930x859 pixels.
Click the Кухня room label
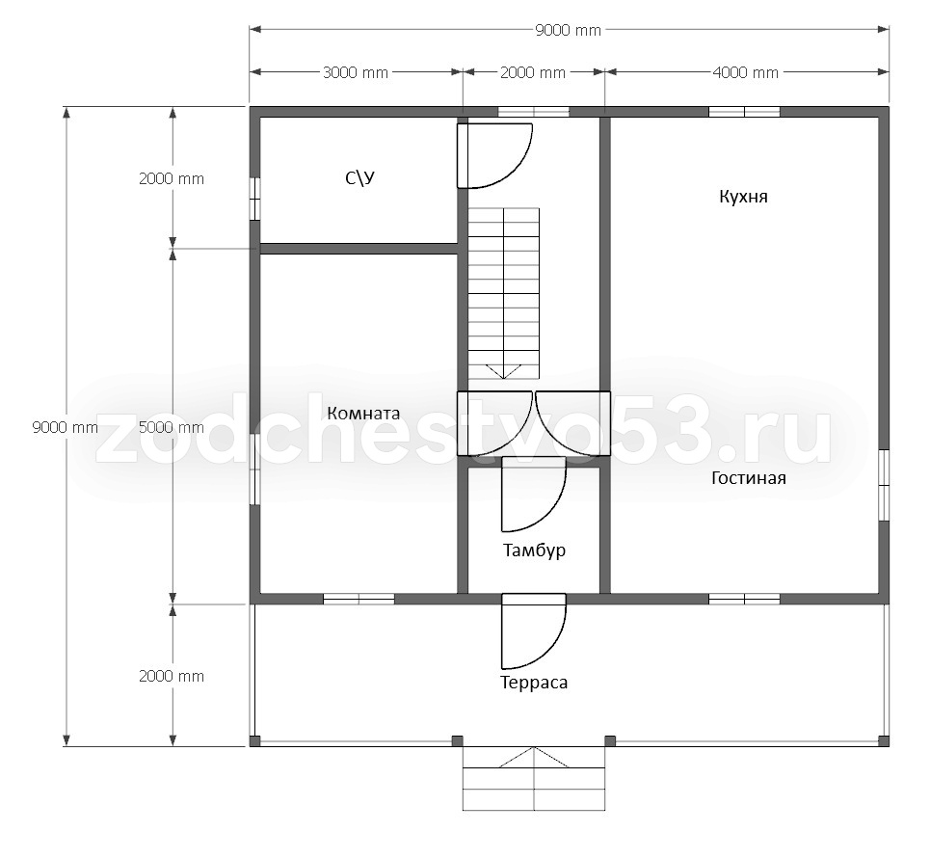(x=743, y=197)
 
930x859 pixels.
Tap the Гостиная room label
(x=749, y=478)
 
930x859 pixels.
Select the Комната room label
(x=363, y=413)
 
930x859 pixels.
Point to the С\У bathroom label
(x=360, y=178)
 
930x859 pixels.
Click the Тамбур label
(x=535, y=550)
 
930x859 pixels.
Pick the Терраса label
(x=534, y=683)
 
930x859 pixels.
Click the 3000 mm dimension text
(x=356, y=72)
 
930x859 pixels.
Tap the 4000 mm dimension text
(x=746, y=72)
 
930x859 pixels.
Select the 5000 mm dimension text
(x=172, y=427)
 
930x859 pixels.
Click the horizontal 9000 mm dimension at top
(x=569, y=30)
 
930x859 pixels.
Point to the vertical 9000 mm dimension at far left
(x=66, y=427)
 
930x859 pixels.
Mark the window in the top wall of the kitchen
(x=744, y=112)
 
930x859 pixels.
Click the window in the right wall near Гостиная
(x=884, y=486)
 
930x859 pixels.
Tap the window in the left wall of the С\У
(x=254, y=199)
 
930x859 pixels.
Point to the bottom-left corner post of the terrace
(x=254, y=741)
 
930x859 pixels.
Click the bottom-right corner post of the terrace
(x=884, y=741)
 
